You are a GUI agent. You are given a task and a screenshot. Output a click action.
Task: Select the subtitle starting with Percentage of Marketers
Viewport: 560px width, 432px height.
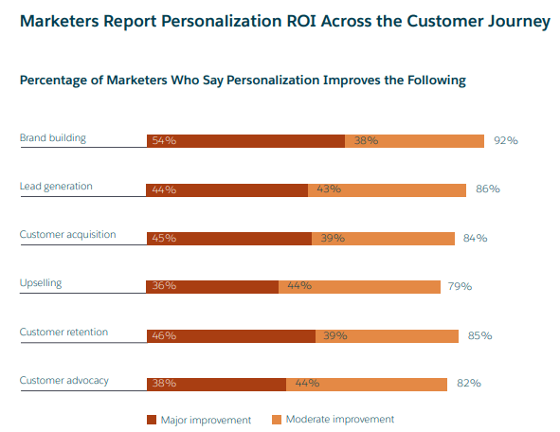point(243,81)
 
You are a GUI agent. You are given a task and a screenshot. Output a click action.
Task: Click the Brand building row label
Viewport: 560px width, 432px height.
point(53,137)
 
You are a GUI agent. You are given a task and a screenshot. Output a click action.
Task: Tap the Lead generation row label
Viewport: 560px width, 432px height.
point(56,186)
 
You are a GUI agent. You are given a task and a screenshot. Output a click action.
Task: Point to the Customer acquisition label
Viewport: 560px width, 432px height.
point(67,234)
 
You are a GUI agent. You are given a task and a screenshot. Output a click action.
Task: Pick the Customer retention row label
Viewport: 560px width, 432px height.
point(63,332)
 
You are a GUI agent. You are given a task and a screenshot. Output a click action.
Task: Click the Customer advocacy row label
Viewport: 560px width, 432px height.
point(64,380)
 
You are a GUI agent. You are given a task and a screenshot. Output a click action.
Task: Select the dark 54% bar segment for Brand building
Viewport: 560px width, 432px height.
point(245,140)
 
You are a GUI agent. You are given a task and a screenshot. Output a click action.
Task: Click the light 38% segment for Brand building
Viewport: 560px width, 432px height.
point(415,140)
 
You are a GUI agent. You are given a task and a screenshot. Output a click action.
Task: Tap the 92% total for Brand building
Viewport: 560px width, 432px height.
point(505,140)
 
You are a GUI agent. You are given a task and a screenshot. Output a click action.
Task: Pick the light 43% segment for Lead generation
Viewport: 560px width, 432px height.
point(387,189)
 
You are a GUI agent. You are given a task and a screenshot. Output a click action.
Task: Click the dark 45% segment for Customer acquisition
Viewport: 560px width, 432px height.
point(228,238)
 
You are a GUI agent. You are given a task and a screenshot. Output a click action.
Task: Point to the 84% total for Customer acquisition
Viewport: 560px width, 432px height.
point(475,238)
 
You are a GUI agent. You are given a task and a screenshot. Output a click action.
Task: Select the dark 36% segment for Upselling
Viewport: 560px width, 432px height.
point(212,286)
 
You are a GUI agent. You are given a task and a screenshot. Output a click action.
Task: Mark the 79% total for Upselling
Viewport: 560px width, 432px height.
point(460,286)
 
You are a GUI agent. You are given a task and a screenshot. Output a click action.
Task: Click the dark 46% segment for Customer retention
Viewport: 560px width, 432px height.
point(230,335)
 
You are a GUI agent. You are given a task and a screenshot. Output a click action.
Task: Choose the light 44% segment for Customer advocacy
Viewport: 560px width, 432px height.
point(367,384)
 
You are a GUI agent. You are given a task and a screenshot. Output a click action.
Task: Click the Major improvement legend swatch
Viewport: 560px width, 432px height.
point(151,419)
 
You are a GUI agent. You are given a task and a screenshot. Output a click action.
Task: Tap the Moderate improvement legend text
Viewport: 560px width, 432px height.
point(339,419)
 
